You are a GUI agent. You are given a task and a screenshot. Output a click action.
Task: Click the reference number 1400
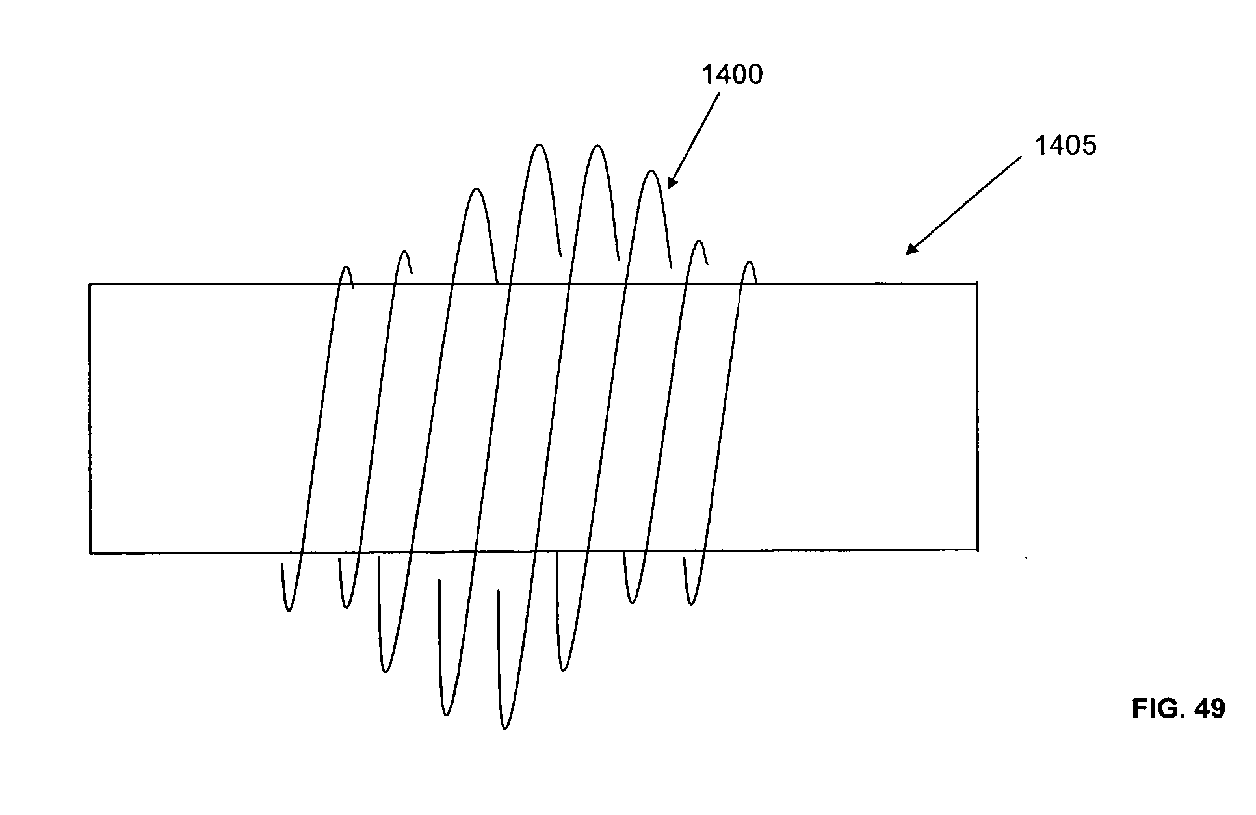731,75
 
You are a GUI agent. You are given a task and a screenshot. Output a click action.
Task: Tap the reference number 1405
1065,146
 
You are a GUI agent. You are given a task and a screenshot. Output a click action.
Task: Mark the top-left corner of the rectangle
90,284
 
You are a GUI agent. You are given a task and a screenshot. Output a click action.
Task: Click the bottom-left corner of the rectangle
90,553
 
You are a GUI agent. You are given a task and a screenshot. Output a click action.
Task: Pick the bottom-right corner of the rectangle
977,550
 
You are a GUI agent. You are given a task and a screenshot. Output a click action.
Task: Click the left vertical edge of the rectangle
90,419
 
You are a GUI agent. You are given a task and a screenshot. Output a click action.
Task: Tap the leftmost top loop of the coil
347,267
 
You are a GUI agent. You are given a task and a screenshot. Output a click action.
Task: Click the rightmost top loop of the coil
750,263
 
